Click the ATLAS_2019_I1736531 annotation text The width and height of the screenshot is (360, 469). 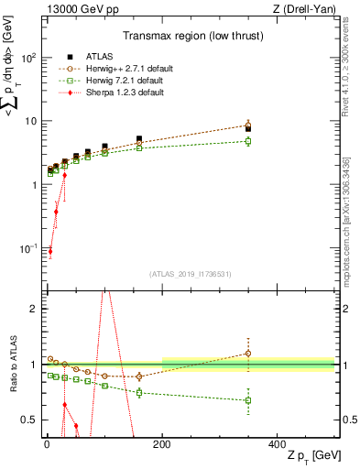click(x=189, y=273)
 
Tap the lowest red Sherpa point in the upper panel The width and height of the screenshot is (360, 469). click(x=49, y=251)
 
